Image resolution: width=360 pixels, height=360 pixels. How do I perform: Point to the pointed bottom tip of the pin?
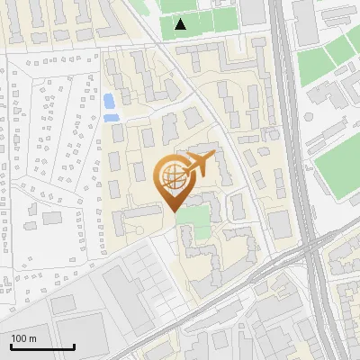click(174, 211)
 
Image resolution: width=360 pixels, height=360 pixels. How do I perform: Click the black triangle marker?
click(181, 24)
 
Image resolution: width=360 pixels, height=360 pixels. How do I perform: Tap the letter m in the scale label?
click(33, 338)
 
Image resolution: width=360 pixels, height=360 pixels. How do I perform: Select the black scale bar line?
click(42, 346)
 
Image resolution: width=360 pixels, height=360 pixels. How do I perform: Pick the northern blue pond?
click(109, 100)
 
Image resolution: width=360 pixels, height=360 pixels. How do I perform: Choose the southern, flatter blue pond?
click(112, 117)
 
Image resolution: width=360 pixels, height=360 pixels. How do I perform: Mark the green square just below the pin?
click(191, 219)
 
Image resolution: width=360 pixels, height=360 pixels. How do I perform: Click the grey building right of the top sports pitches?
click(253, 12)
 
